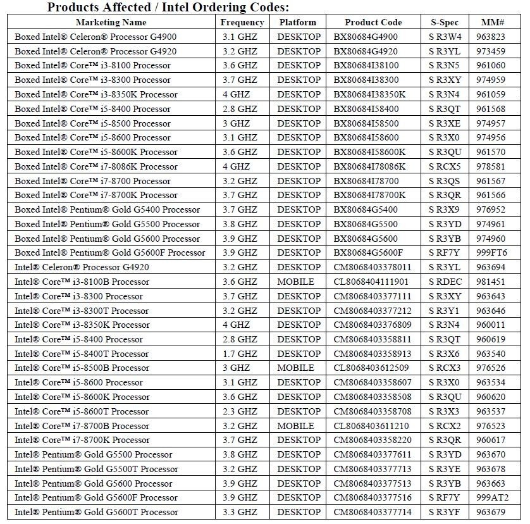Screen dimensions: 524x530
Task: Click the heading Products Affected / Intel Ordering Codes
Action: pyautogui.click(x=168, y=8)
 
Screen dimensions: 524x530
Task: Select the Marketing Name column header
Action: pyautogui.click(x=111, y=22)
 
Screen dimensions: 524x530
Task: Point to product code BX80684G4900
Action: pyautogui.click(x=366, y=37)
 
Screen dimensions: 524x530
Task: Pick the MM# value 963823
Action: pyautogui.click(x=490, y=37)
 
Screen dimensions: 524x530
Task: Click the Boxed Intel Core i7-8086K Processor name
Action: pyautogui.click(x=96, y=166)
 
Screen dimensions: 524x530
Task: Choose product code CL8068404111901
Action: pyautogui.click(x=371, y=282)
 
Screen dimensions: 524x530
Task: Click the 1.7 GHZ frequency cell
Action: pyautogui.click(x=240, y=354)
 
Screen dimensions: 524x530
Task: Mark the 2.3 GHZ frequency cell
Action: pyautogui.click(x=240, y=411)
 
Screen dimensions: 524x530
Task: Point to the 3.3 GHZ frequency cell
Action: pyautogui.click(x=240, y=512)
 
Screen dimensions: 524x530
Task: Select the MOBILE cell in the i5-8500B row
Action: pyautogui.click(x=295, y=368)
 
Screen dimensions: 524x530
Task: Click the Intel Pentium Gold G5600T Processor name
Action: pyautogui.click(x=96, y=512)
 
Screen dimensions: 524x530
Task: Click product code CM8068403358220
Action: pyautogui.click(x=372, y=440)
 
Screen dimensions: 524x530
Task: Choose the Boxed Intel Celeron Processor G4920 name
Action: pyautogui.click(x=96, y=51)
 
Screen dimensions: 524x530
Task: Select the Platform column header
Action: pyautogui.click(x=297, y=22)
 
